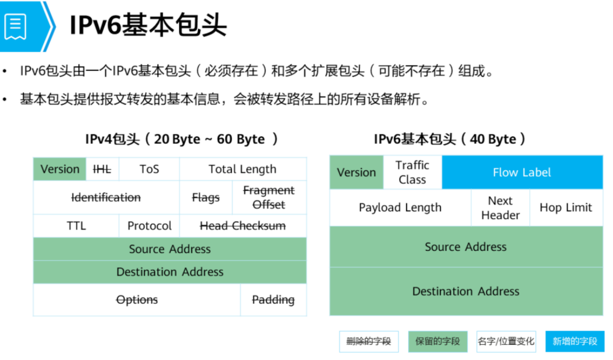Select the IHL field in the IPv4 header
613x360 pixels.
[102, 169]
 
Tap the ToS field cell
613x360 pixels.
[149, 169]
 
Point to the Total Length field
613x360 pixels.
[243, 169]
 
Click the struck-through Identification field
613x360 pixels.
[106, 198]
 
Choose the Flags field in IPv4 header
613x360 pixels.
[206, 198]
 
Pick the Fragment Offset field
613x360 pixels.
[269, 198]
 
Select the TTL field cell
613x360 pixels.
[76, 226]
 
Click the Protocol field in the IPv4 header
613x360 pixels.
[149, 226]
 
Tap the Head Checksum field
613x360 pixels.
[243, 226]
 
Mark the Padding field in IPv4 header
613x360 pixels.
[273, 300]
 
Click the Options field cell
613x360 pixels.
[137, 300]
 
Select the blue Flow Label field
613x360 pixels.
[522, 172]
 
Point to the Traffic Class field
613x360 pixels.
[412, 172]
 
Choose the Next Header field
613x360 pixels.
[500, 208]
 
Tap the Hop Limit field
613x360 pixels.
[566, 208]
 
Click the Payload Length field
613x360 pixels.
[400, 208]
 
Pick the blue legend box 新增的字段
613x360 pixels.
[575, 341]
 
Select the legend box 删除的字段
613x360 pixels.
[369, 341]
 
